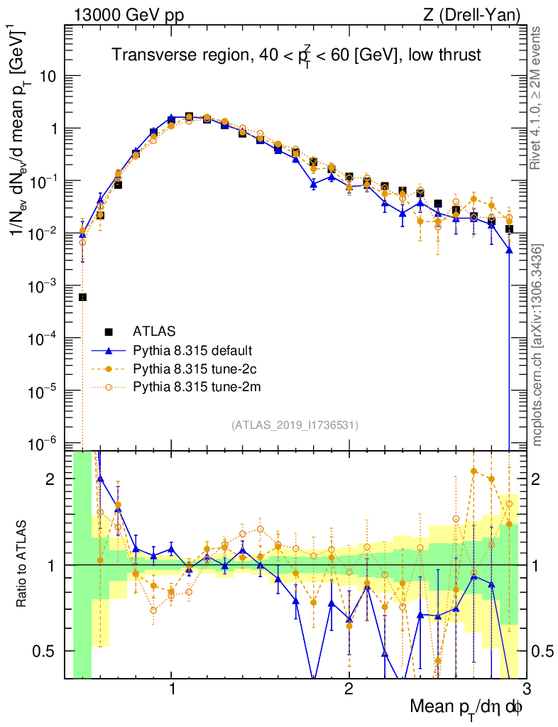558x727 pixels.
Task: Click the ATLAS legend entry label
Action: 155,331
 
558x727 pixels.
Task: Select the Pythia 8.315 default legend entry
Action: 192,350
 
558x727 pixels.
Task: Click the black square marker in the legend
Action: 109,331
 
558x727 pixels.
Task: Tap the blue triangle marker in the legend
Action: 109,350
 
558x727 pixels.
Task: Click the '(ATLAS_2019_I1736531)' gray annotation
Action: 295,425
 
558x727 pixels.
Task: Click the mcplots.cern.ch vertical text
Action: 537,344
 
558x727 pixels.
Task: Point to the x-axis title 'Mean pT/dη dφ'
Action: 466,707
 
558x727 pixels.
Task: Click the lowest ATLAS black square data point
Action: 82,297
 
